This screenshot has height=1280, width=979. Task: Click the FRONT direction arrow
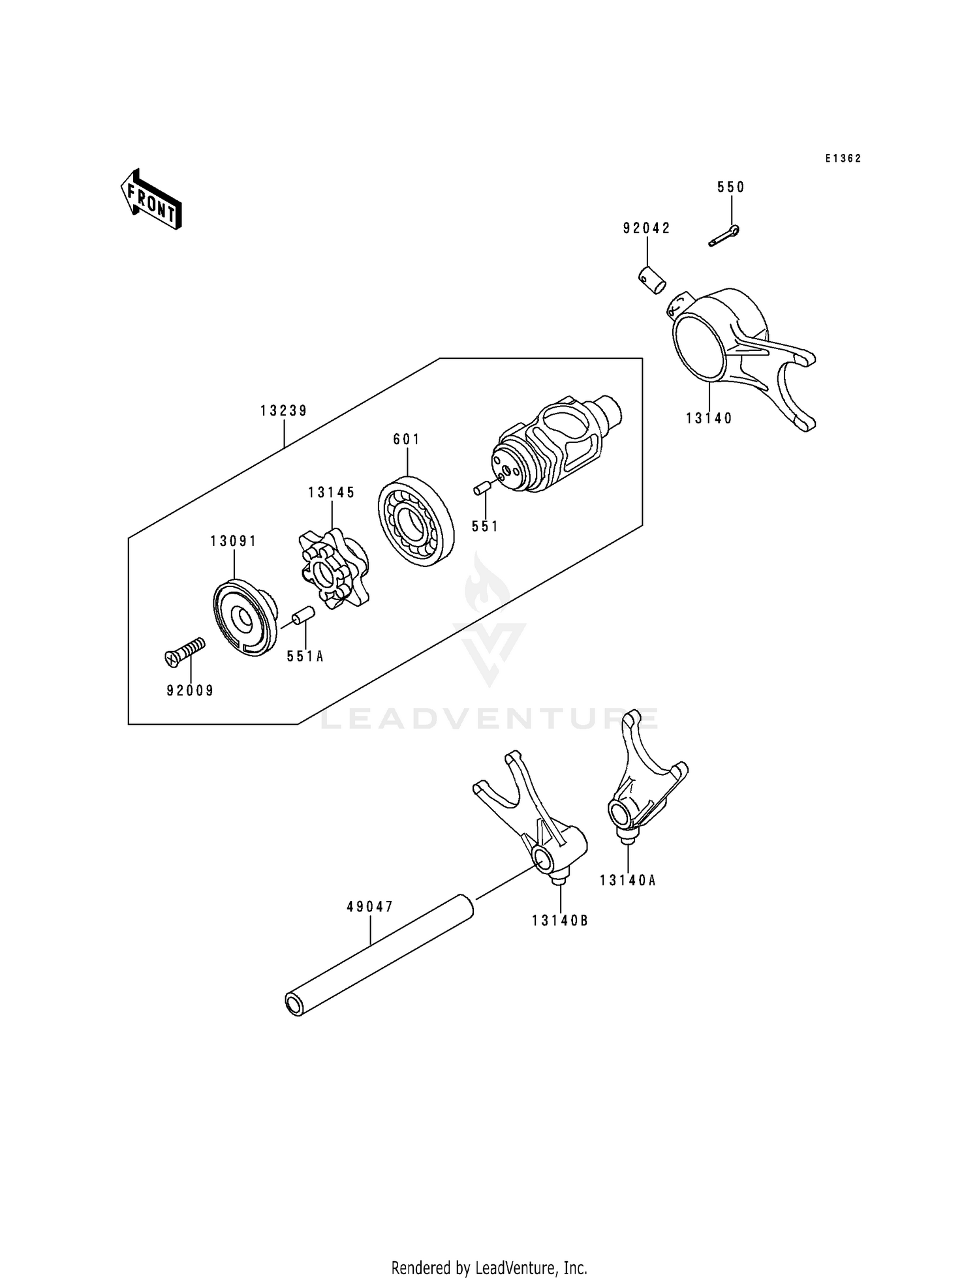(151, 199)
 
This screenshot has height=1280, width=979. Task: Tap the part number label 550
(731, 187)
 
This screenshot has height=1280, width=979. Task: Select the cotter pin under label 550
(724, 236)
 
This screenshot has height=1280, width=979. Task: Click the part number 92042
(647, 228)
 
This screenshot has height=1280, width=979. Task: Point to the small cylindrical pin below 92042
(651, 280)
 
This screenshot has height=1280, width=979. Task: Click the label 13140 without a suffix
(709, 418)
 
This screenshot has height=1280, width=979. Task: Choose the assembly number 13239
(284, 411)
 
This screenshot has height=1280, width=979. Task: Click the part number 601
(407, 440)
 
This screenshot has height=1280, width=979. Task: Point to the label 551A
(305, 656)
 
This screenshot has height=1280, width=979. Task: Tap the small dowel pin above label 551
(482, 489)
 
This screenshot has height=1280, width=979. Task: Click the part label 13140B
(560, 921)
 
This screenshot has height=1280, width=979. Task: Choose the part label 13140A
(628, 880)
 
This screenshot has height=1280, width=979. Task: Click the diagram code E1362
(843, 159)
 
